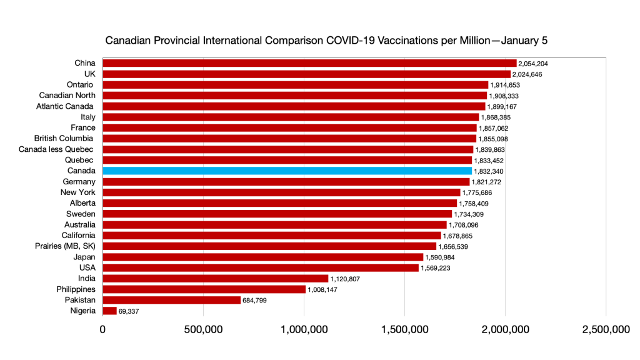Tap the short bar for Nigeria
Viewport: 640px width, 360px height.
109,311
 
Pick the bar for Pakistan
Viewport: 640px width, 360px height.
171,300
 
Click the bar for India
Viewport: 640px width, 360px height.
215,279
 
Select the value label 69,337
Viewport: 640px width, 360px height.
131,311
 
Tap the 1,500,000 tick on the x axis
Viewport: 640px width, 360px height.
404,330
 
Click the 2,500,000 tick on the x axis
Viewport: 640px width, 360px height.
606,330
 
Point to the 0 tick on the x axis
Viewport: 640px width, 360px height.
102,330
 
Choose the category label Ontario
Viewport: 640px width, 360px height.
80,84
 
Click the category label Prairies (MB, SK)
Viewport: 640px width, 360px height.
65,246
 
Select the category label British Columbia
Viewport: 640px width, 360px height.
64,138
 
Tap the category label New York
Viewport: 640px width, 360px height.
78,192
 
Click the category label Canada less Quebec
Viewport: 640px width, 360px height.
56,149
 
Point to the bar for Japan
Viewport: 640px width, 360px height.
262,257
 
